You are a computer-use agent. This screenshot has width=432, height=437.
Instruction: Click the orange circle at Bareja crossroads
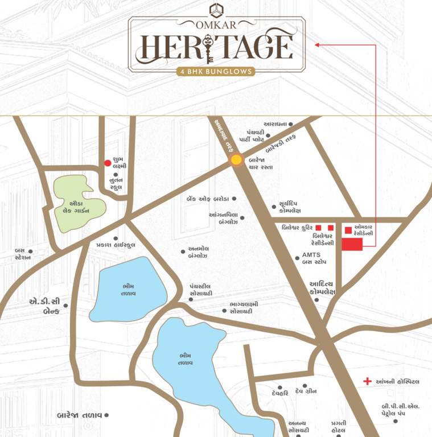tap(236, 161)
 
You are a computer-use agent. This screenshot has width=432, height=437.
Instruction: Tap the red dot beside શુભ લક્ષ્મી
tap(108, 163)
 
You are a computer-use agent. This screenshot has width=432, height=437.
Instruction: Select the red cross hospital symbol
tap(368, 381)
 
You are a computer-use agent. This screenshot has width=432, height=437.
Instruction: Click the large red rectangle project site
tap(352, 244)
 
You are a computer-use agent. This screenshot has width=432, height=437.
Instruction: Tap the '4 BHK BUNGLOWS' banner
tap(216, 72)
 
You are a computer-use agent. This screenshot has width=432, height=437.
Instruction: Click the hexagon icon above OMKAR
tap(216, 10)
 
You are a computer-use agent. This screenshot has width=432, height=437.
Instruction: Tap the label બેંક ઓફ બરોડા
tap(208, 199)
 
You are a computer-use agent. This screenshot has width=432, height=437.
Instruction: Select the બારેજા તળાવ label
tap(79, 415)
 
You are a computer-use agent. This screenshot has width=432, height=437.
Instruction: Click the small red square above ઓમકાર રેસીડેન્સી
tap(348, 230)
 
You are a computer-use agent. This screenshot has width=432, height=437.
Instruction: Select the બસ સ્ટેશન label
tap(22, 254)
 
